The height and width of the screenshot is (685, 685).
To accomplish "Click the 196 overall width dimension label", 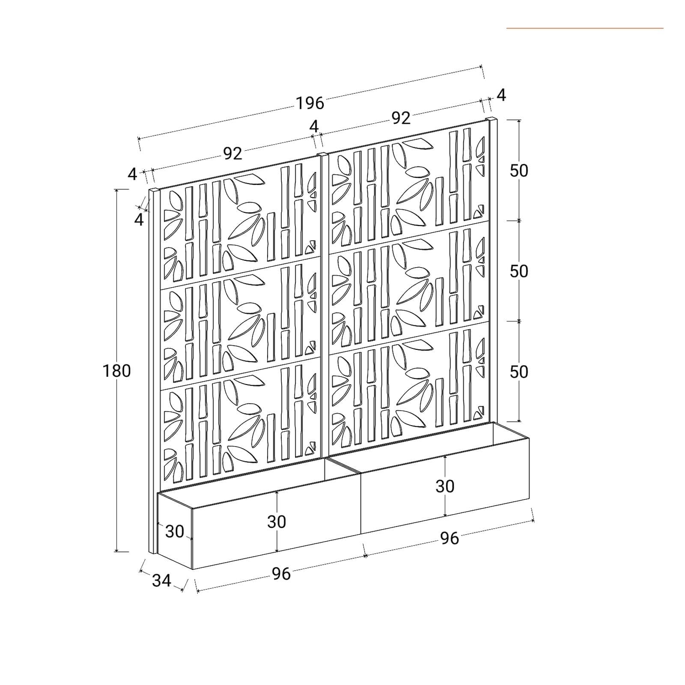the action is (x=310, y=103).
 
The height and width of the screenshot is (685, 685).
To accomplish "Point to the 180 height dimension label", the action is (x=116, y=371).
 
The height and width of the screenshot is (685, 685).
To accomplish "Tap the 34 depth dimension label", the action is (x=161, y=581).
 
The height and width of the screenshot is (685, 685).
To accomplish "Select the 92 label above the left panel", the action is (x=232, y=153).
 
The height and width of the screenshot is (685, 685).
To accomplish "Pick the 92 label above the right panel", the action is (x=401, y=118).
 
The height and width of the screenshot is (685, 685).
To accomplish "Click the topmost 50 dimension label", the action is (x=519, y=171).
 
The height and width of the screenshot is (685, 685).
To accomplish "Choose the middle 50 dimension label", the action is (x=519, y=271).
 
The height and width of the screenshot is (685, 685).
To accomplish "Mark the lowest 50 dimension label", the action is (x=519, y=372).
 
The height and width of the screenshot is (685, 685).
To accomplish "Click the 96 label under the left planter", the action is (x=281, y=574).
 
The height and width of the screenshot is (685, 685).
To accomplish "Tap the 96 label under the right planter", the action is (x=450, y=538).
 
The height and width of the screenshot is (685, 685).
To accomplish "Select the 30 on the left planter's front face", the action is (x=277, y=521).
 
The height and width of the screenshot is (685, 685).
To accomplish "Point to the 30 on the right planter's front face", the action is (x=445, y=486).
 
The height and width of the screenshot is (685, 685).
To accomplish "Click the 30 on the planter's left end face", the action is (x=175, y=531).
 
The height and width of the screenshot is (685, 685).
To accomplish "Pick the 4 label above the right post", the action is (x=501, y=95).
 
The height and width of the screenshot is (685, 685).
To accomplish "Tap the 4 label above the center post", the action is (x=314, y=126).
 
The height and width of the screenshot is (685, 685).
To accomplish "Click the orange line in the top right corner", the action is (x=585, y=28).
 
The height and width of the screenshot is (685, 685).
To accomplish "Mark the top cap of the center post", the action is (x=323, y=154).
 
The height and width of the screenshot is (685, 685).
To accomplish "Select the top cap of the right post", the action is (x=492, y=118).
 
